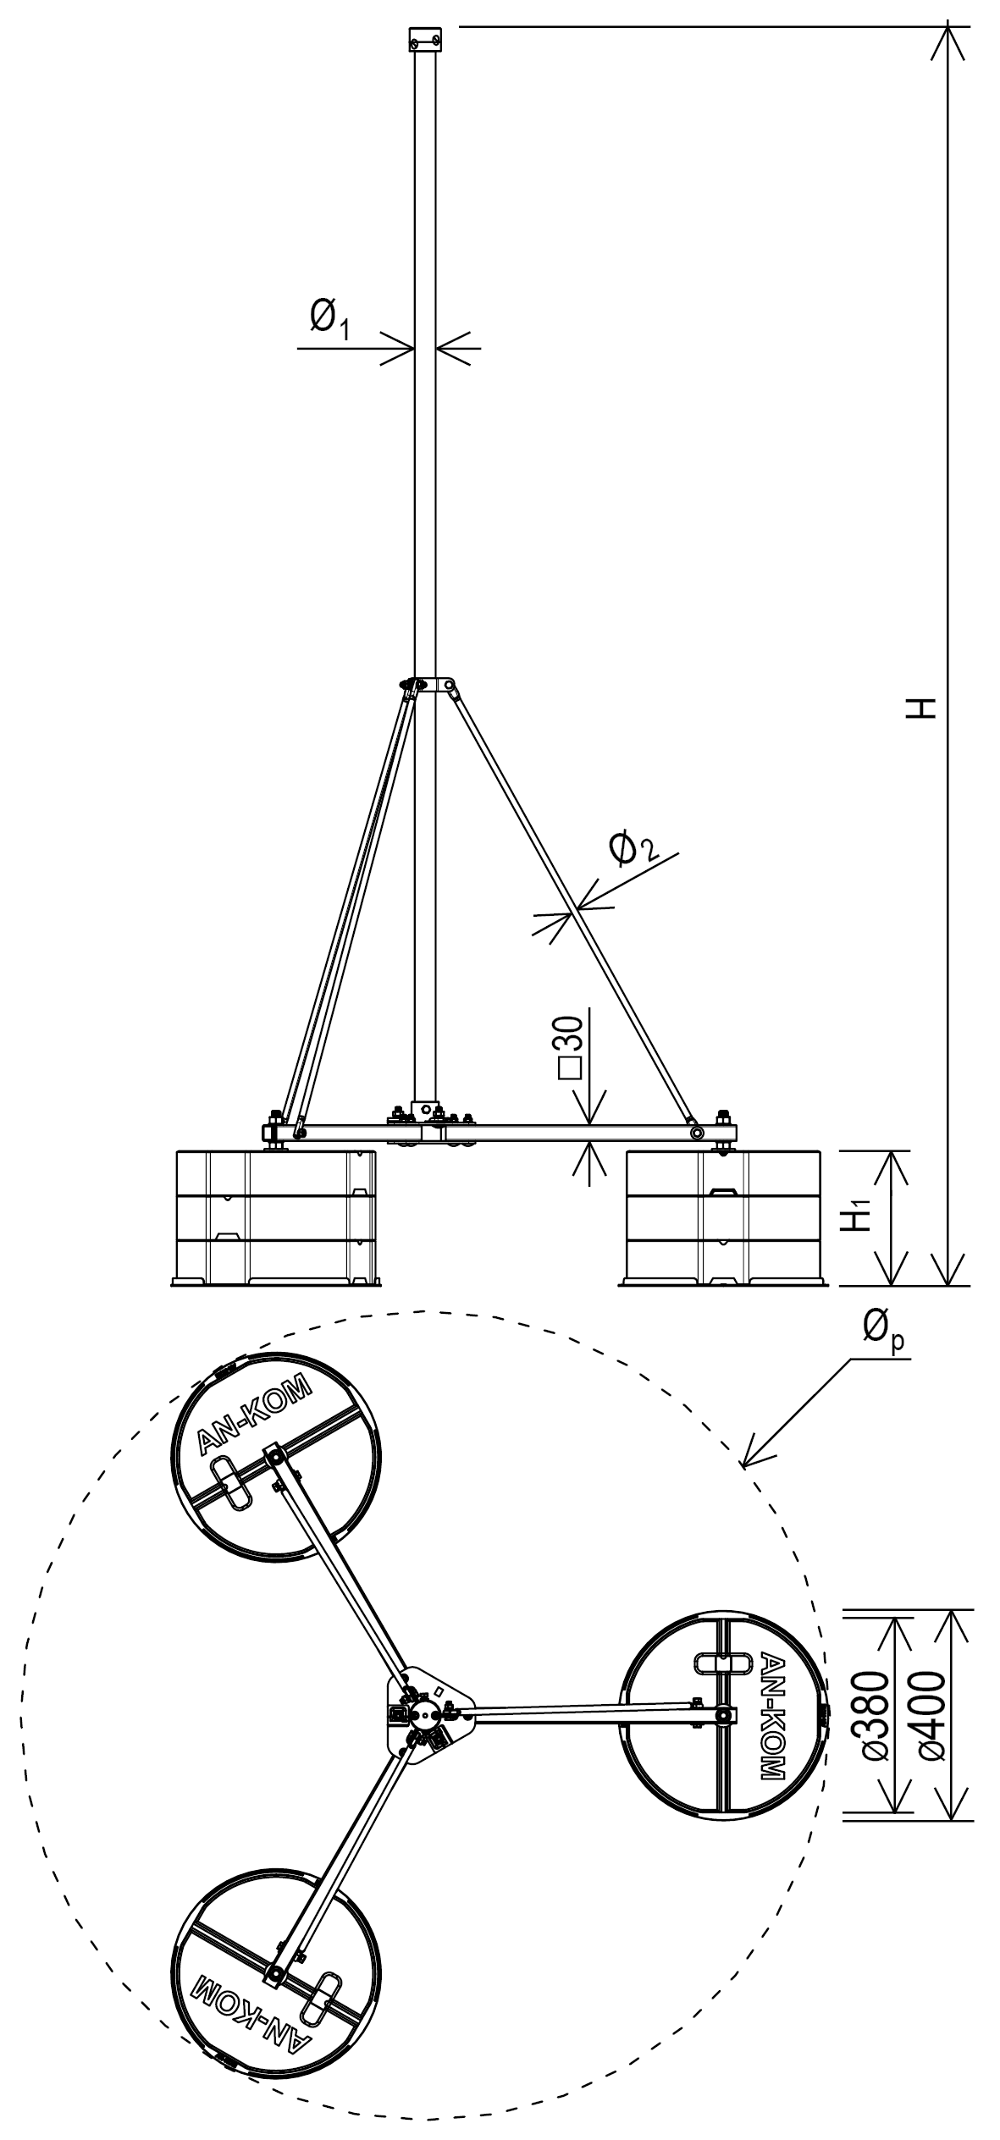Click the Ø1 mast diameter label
329,320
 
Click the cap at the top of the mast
425,39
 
